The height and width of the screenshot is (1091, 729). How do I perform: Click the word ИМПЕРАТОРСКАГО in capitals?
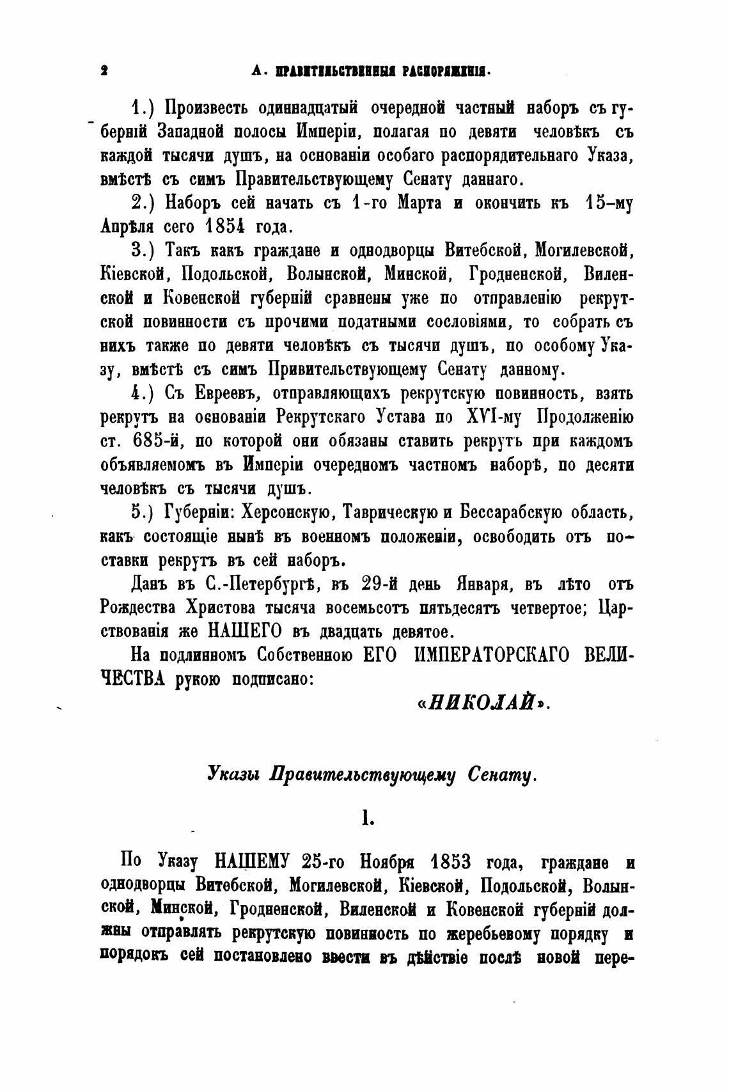[489, 656]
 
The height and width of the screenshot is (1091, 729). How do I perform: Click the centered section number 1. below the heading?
[367, 819]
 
